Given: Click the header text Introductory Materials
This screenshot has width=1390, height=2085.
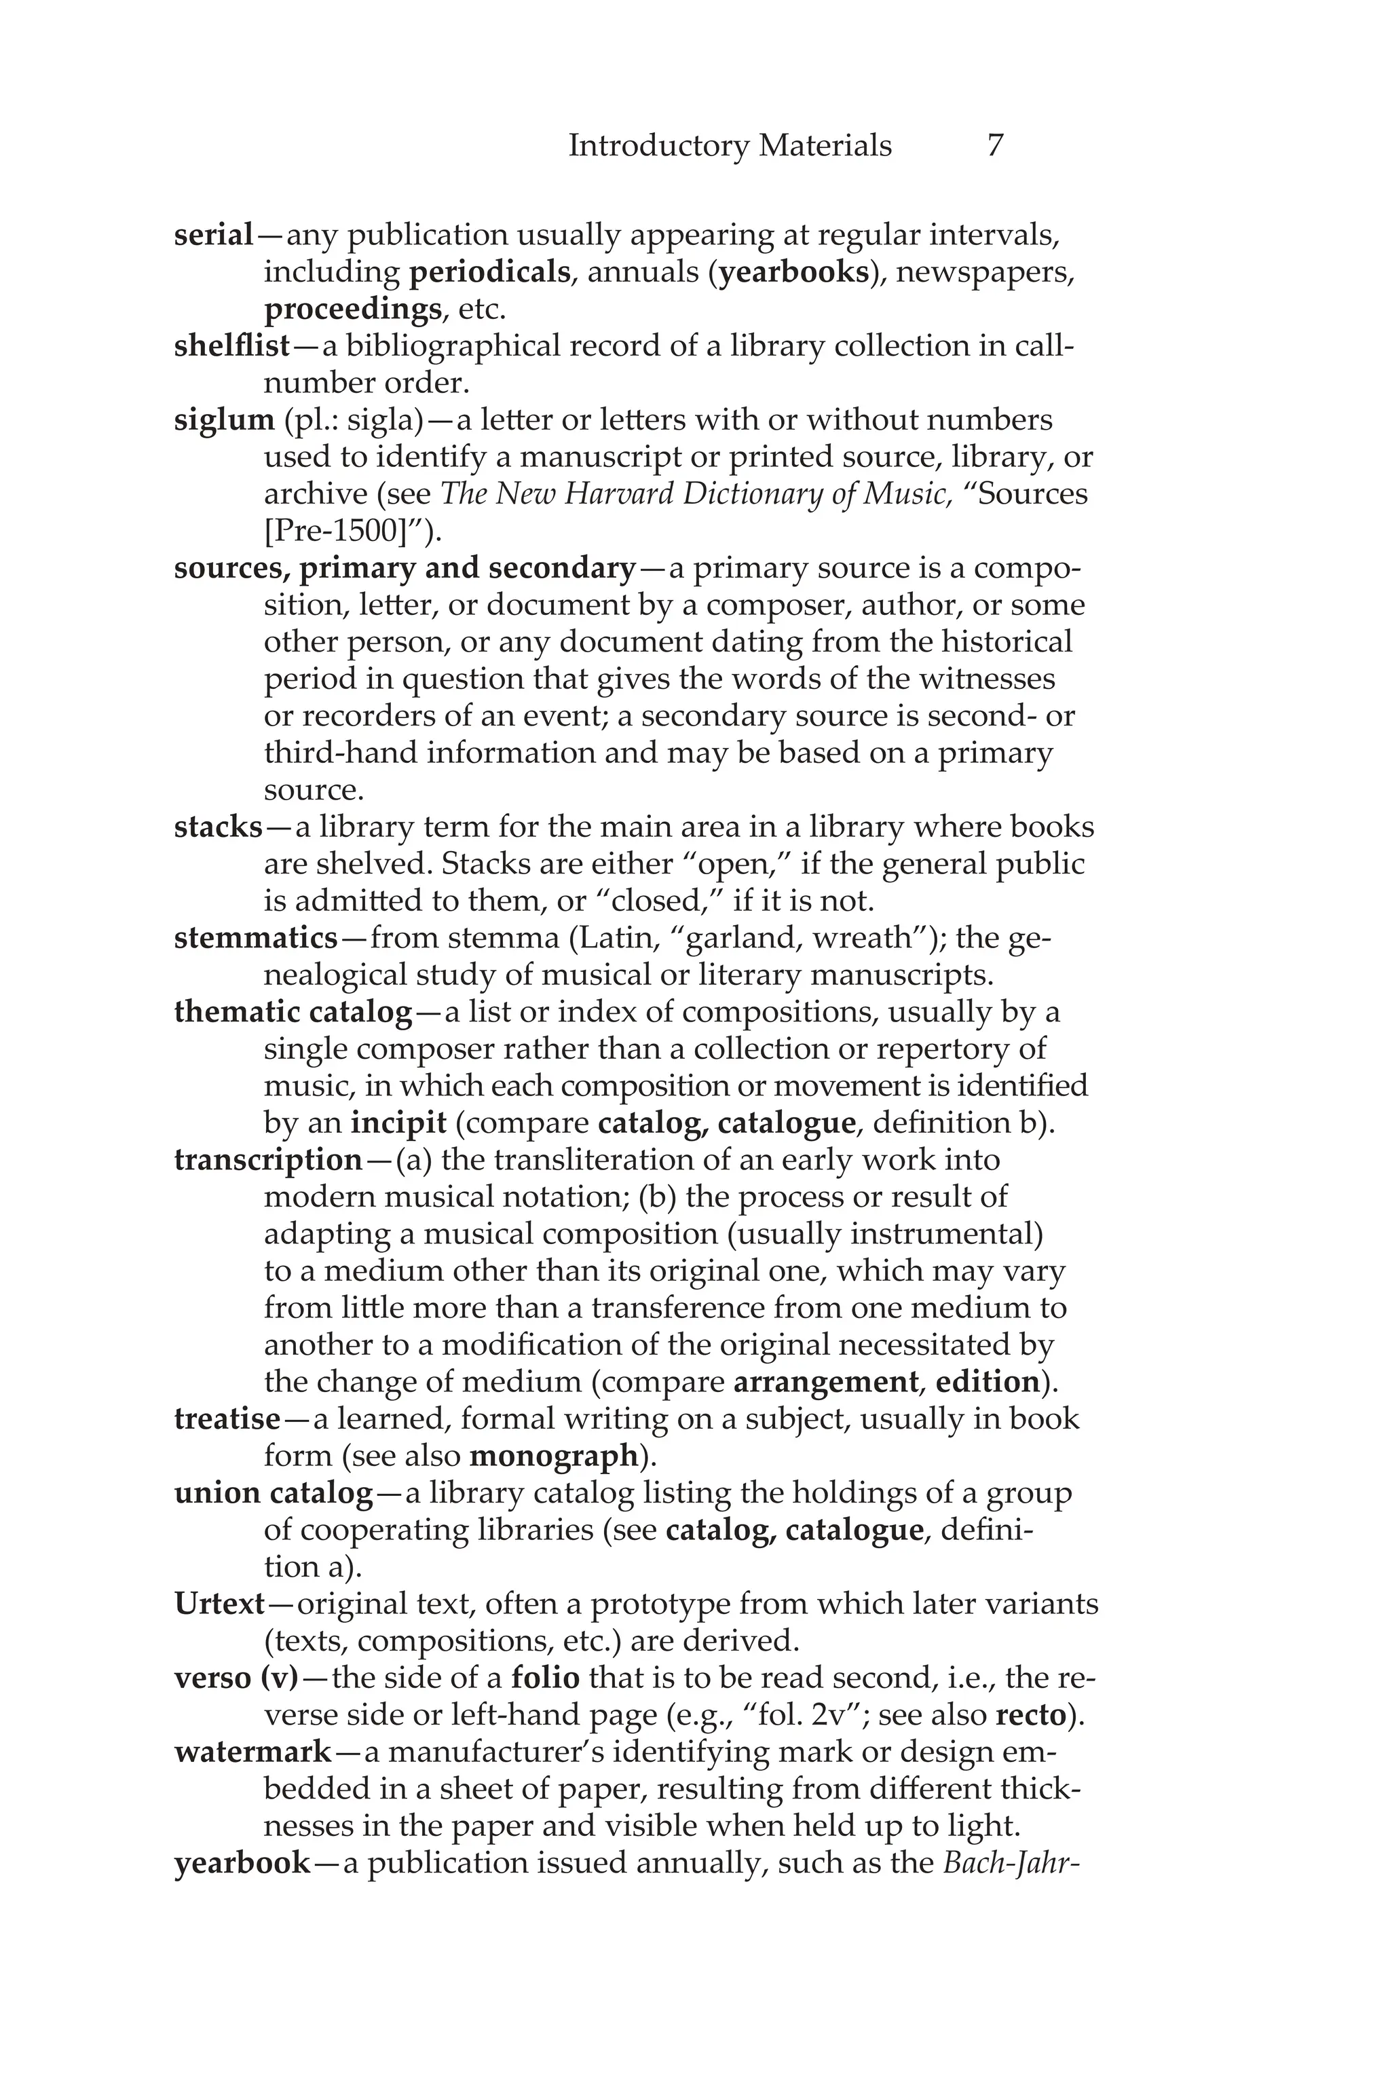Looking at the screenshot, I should click(x=730, y=145).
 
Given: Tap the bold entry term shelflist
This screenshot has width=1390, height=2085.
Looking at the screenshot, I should click(x=232, y=345).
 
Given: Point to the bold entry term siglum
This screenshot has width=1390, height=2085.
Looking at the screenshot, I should click(x=224, y=420).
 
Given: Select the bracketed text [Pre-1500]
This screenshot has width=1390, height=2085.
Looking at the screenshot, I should click(x=342, y=531).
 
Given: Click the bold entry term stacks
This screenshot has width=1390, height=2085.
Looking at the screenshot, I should click(x=218, y=827).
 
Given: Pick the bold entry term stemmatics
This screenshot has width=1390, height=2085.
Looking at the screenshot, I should click(x=256, y=938).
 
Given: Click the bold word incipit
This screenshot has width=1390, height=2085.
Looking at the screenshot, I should click(x=398, y=1123).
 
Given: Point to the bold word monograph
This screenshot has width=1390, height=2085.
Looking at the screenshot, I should click(x=553, y=1456).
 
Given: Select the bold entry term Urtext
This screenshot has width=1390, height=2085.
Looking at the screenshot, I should click(x=220, y=1604).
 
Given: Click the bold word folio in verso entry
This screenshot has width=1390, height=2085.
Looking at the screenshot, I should click(x=545, y=1678).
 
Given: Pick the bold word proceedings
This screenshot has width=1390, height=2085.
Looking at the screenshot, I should click(x=352, y=309).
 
